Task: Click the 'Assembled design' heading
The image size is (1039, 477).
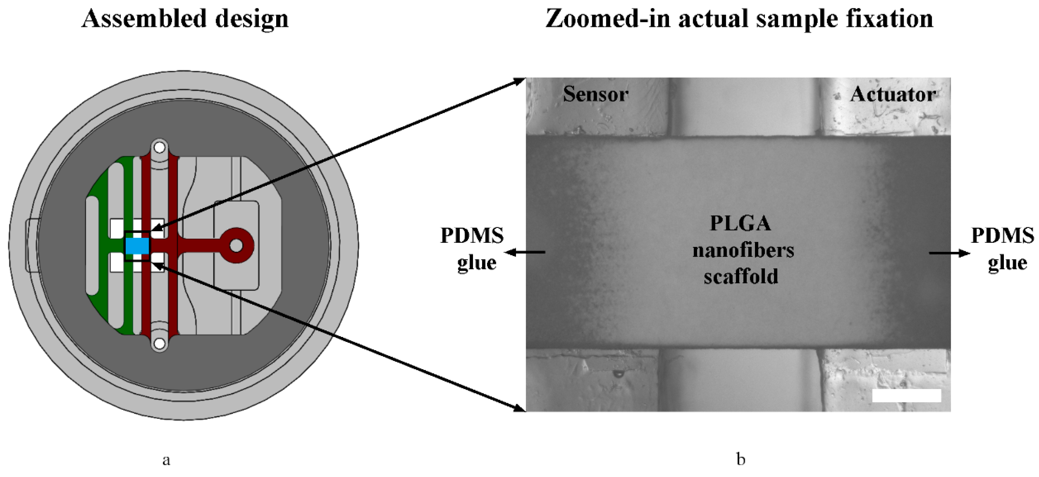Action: coord(185,19)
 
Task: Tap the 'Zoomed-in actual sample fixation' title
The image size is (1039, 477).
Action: coord(739,19)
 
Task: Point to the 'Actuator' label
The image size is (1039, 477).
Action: coord(893,95)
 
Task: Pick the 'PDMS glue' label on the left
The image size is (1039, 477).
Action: coord(472,249)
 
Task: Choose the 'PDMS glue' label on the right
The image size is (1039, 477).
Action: coord(1003,249)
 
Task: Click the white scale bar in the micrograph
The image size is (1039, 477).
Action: coord(907,395)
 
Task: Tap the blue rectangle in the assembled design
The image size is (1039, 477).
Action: coord(137,246)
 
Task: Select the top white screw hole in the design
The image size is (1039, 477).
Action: coord(159,147)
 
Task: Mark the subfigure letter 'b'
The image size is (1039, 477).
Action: coord(740,459)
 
